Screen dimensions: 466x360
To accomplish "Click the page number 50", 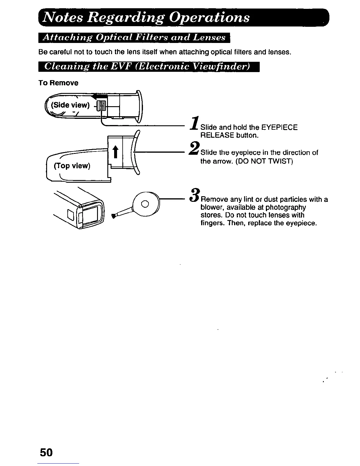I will (46, 452).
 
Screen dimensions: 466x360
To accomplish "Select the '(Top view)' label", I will (72, 166).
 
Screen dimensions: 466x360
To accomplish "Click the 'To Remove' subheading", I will (58, 83).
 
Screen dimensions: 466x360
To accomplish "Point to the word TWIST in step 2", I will (281, 161).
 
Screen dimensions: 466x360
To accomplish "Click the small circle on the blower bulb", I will (145, 204).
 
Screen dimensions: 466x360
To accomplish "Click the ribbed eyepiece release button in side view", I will (101, 105).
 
